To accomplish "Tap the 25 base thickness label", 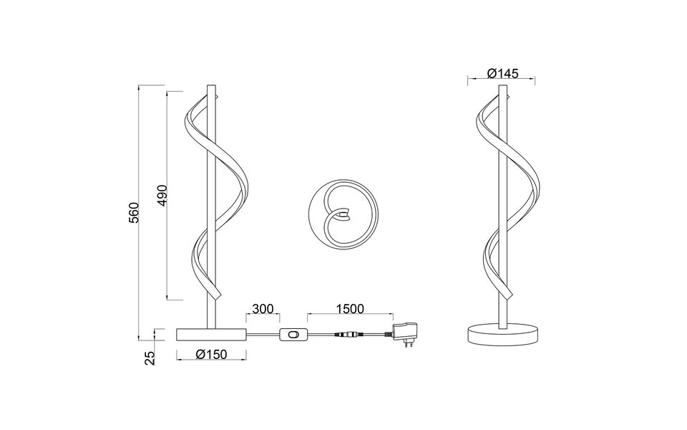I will pyautogui.click(x=150, y=358).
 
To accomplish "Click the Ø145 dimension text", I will pyautogui.click(x=502, y=74).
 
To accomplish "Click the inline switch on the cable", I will pyautogui.click(x=292, y=334).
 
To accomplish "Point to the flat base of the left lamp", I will pyautogui.click(x=211, y=333).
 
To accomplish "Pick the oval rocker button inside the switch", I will pyautogui.click(x=292, y=334).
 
